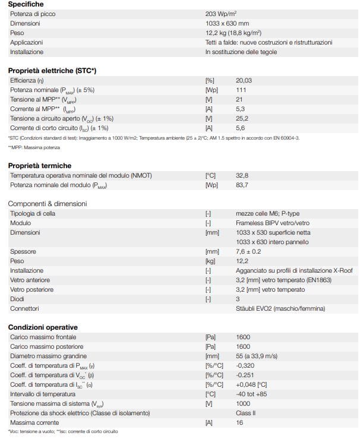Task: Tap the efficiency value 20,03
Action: click(x=244, y=80)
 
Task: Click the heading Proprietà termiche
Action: click(x=40, y=165)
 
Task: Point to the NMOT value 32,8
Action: click(x=242, y=176)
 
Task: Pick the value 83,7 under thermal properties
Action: click(x=242, y=186)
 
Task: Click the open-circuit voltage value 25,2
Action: click(x=242, y=118)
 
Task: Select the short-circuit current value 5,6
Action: click(x=241, y=128)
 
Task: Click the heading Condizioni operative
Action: click(x=43, y=327)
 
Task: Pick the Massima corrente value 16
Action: click(x=239, y=423)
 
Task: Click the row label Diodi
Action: click(x=17, y=299)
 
